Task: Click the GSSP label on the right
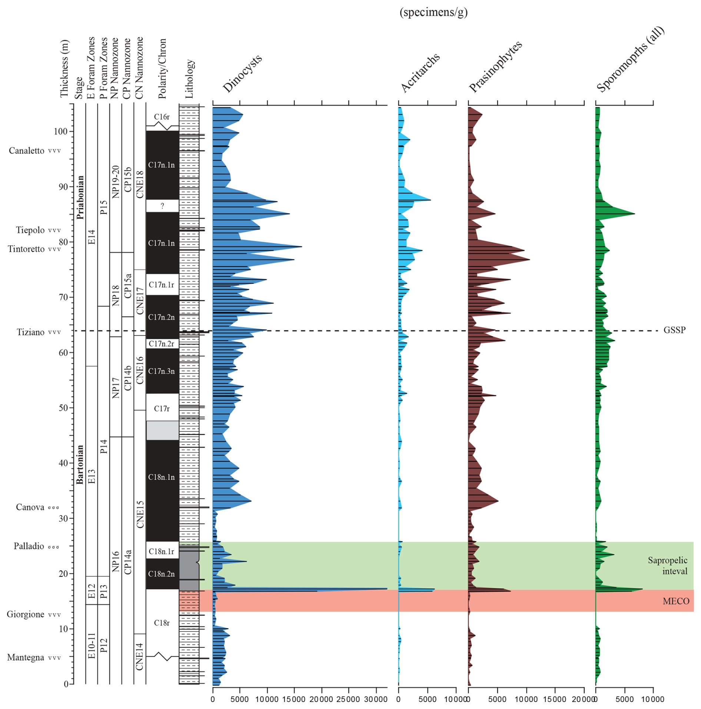[x=674, y=330]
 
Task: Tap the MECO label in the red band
[x=676, y=601]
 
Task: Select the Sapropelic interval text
[x=667, y=565]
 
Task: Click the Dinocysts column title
[x=242, y=73]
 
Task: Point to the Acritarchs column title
[x=420, y=73]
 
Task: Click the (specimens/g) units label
[x=433, y=12]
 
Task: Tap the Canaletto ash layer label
[x=27, y=151]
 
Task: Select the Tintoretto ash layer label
[x=26, y=249]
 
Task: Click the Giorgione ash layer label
[x=26, y=614]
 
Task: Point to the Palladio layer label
[x=29, y=546]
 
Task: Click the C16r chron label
[x=162, y=117]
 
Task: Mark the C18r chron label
[x=162, y=623]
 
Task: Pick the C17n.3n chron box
[x=162, y=371]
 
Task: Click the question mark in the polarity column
[x=162, y=206]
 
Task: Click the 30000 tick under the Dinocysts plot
[x=376, y=699]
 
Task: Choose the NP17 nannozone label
[x=116, y=387]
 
